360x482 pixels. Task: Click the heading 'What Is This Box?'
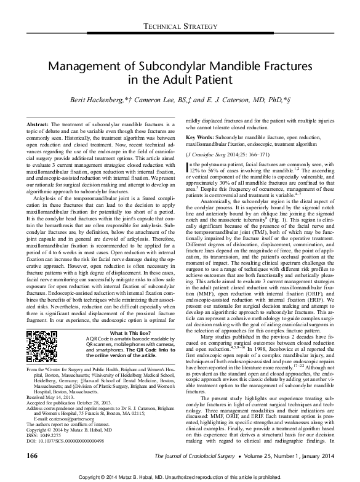click(121, 332)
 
